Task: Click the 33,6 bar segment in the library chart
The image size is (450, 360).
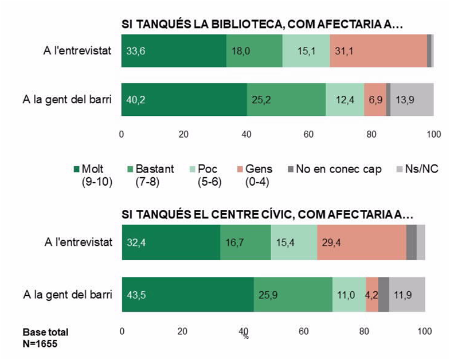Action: click(x=174, y=51)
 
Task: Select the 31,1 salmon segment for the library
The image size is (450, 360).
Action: click(x=378, y=51)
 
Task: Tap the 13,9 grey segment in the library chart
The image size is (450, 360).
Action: click(x=412, y=100)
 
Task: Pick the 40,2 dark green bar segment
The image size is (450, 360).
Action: click(x=184, y=100)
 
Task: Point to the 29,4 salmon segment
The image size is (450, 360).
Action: click(x=361, y=243)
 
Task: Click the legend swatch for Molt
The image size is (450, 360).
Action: click(x=77, y=170)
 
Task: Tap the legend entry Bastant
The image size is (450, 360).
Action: click(x=146, y=170)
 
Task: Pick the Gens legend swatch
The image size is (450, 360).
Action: click(x=240, y=170)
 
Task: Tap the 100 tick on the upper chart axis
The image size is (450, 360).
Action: click(x=433, y=134)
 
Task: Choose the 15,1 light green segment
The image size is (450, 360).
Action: click(x=306, y=51)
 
